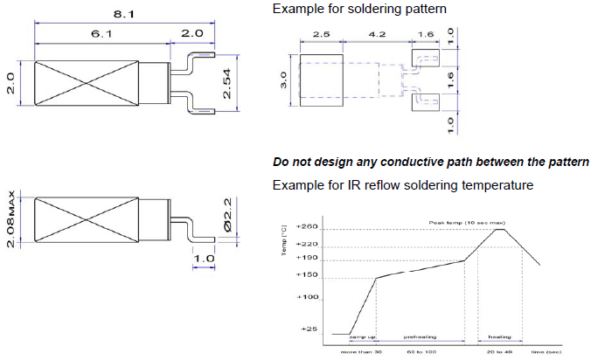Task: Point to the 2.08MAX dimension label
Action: coord(10,218)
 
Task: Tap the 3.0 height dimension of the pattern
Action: coord(283,82)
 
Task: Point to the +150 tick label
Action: coord(309,276)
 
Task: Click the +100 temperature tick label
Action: coord(309,298)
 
